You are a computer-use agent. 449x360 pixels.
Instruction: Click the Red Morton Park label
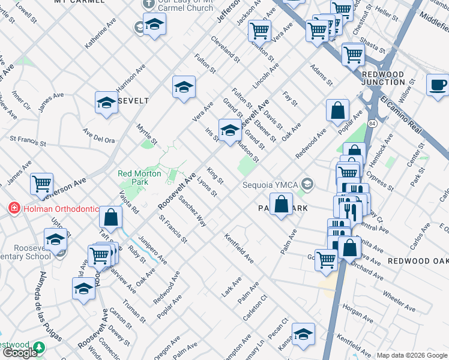point(139,177)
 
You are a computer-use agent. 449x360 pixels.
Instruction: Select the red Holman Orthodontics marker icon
point(13,209)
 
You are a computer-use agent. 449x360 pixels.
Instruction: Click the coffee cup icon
point(438,85)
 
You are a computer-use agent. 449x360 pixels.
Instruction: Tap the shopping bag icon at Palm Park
point(281,205)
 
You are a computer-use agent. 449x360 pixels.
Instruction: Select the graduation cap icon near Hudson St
point(229,130)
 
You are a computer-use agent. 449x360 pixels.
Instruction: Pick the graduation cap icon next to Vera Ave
point(184,87)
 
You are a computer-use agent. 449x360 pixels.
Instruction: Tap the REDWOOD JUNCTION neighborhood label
point(384,78)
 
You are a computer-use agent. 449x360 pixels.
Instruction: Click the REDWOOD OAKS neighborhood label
point(417,261)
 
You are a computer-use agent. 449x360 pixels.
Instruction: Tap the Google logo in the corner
point(20,353)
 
